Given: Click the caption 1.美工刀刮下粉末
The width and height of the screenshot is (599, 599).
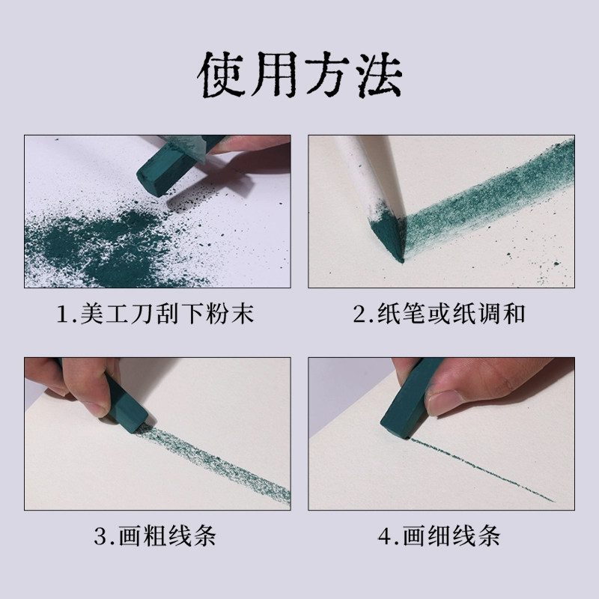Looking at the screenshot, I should tap(156, 314).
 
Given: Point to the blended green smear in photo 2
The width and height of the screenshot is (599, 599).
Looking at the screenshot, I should tap(479, 195).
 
